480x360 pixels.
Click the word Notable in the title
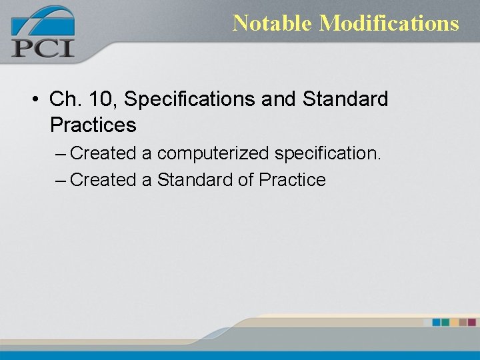click(x=272, y=23)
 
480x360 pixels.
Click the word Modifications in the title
click(x=389, y=23)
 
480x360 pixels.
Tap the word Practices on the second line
click(x=93, y=125)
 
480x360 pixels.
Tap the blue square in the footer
click(x=436, y=322)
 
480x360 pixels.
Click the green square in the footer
click(x=445, y=322)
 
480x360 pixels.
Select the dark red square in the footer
click(x=472, y=322)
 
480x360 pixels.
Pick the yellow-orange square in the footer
click(x=454, y=322)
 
